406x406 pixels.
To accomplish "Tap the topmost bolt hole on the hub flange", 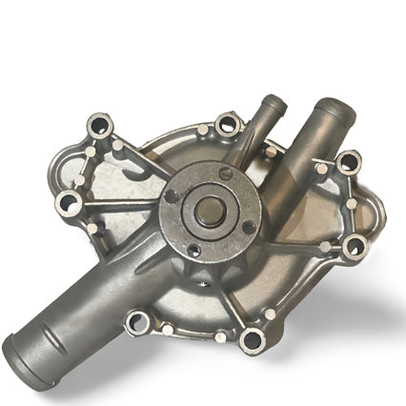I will (x=225, y=174).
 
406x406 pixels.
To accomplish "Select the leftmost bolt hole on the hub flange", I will (x=173, y=196).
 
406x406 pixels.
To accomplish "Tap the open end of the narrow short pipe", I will (x=274, y=101).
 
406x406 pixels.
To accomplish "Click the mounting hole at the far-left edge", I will (x=68, y=201).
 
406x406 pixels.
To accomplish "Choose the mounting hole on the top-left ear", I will (x=100, y=125).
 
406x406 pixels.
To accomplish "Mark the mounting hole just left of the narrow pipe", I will (x=227, y=123).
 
